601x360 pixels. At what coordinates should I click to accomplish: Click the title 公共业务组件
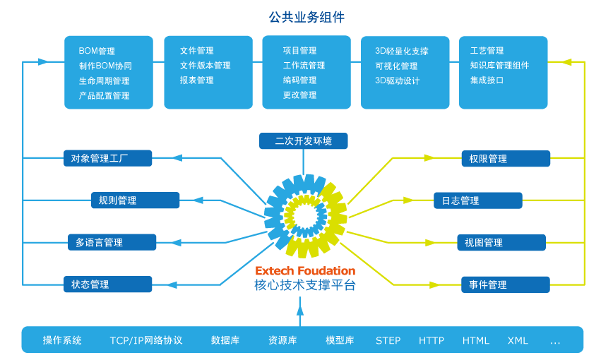(x=307, y=17)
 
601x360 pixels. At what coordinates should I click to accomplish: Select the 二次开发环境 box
(x=303, y=141)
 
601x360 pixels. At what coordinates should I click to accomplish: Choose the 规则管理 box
(x=135, y=200)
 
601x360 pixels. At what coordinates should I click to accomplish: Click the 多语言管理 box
(x=112, y=242)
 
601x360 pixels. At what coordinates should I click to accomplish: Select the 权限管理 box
(x=505, y=159)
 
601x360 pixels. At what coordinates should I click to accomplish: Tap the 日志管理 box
(x=477, y=200)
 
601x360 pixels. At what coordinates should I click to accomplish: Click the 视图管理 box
(x=501, y=243)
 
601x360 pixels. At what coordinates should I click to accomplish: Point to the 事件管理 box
(x=505, y=284)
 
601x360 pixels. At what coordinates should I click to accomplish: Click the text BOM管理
(x=97, y=52)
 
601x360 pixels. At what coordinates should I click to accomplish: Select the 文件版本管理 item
(x=205, y=66)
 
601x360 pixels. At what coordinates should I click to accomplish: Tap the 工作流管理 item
(x=304, y=66)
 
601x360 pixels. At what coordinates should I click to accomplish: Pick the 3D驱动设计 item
(x=398, y=80)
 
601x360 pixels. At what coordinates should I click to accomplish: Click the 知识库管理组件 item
(x=499, y=66)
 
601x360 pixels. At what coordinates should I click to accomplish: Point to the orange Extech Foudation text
(x=305, y=271)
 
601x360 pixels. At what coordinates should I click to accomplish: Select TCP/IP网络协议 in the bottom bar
(x=146, y=340)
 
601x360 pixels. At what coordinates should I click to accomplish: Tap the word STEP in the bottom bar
(x=388, y=340)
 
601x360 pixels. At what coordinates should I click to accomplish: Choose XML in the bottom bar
(x=518, y=340)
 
